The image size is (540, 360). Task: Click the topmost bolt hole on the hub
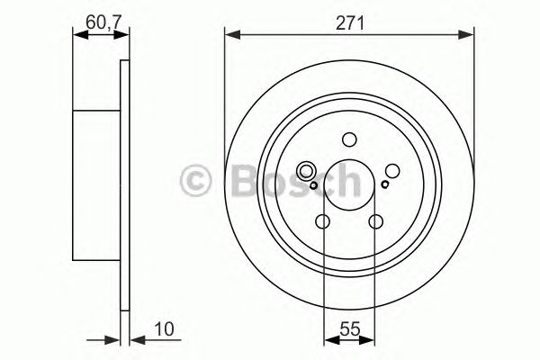349,139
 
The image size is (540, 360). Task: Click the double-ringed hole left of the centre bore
305,170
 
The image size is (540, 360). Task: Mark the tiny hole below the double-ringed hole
312,186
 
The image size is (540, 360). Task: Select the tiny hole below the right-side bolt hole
385,185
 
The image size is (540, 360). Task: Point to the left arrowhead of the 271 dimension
229,35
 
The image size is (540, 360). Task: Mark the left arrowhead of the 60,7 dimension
76,35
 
